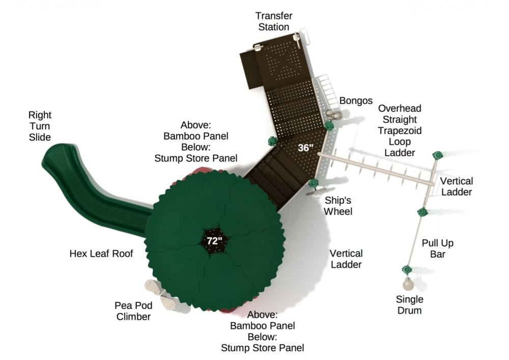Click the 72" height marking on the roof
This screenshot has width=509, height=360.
tap(214, 240)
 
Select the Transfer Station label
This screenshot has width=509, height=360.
tap(274, 21)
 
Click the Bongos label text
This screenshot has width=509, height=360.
tap(356, 101)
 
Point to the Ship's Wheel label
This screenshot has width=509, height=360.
tap(338, 205)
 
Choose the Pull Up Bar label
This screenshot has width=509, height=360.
tap(437, 248)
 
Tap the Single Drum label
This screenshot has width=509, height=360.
tap(410, 304)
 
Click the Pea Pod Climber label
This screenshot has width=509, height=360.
tap(132, 311)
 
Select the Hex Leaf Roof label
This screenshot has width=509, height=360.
tap(101, 253)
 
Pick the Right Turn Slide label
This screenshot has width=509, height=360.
tap(40, 126)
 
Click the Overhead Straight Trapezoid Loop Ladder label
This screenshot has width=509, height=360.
tap(400, 130)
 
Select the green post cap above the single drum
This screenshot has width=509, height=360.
tap(406, 269)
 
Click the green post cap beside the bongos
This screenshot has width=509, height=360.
tap(329, 125)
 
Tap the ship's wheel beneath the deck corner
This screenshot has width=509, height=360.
tap(314, 191)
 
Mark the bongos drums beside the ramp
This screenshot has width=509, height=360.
tap(333, 114)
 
